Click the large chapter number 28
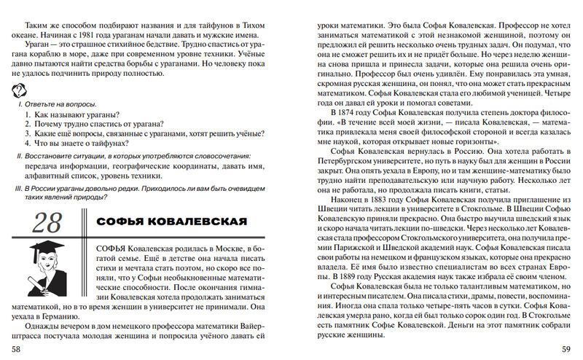47,222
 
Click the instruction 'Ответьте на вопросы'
56,104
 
